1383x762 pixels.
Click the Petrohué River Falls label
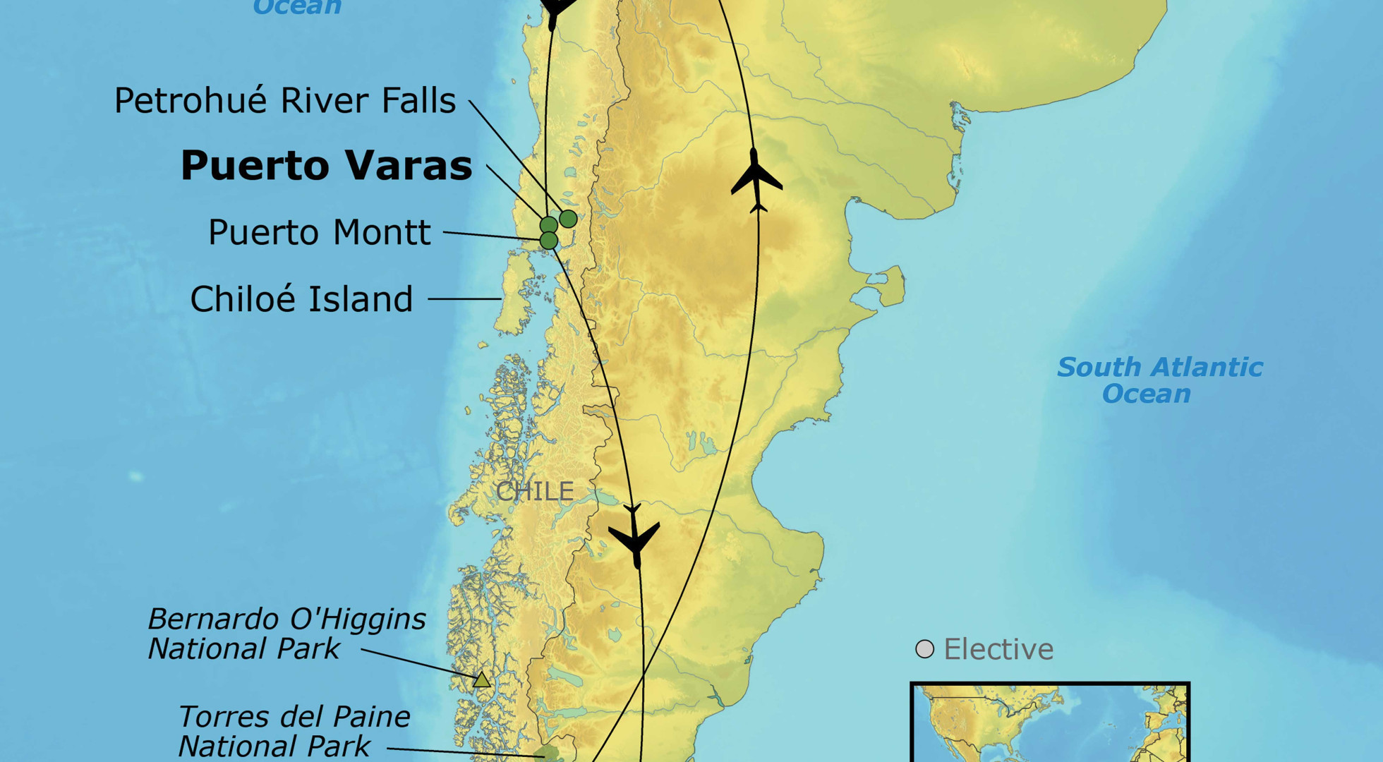point(284,101)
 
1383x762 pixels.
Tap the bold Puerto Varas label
point(326,166)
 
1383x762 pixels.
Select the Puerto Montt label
point(319,233)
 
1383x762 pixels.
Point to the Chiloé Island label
point(301,299)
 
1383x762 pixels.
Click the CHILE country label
point(534,491)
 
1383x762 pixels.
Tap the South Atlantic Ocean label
point(1159,380)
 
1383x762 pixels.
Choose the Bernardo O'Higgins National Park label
point(286,634)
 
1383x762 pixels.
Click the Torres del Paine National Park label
point(293,731)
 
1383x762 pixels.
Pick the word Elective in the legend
point(998,649)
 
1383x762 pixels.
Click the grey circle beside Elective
point(924,649)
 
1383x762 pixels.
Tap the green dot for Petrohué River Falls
point(568,219)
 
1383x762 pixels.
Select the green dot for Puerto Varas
point(548,225)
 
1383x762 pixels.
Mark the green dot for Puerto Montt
point(548,241)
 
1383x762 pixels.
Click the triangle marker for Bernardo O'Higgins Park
point(481,680)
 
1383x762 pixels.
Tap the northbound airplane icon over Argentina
point(756,181)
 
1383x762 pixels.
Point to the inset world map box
point(1049,723)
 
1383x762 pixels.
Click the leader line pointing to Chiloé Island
point(464,299)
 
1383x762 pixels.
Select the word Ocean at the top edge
point(297,7)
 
